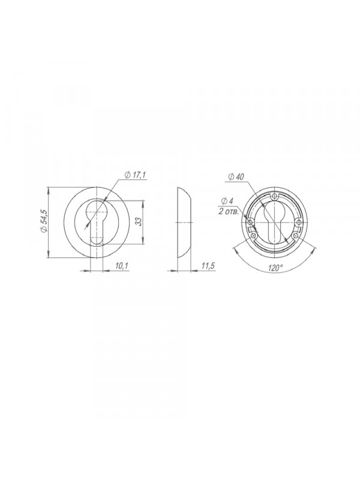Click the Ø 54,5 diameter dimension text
point(43,221)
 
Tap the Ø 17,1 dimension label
point(136,175)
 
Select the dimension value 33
point(138,221)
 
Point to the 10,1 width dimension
point(122,266)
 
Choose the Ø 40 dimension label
point(236,176)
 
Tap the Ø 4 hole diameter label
point(227,201)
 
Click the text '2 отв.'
point(229,212)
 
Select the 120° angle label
point(275,268)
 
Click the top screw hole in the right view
point(275,196)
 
